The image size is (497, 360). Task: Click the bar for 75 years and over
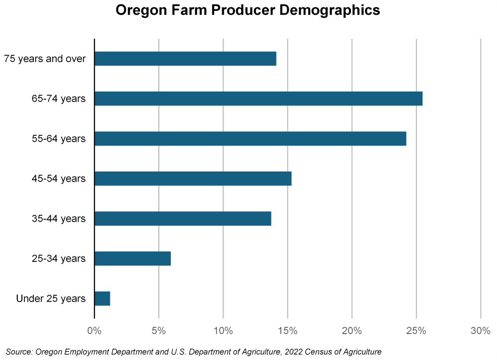point(185,59)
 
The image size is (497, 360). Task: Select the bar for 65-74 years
point(258,98)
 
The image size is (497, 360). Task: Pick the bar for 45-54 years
point(193,179)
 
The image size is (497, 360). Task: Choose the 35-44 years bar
point(182,219)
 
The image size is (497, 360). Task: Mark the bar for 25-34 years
point(132,259)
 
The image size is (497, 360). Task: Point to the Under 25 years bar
point(102,299)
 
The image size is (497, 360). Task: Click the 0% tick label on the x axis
point(94,331)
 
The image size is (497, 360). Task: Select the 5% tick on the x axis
point(159,331)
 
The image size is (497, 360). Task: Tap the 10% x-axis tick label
point(223,331)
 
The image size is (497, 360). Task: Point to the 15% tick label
point(287,331)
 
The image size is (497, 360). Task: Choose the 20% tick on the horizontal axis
point(352,331)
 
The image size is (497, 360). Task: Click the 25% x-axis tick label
point(416,331)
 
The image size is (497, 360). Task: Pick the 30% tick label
point(481,331)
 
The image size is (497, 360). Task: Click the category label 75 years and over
point(45,59)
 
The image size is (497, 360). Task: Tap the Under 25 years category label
point(51,299)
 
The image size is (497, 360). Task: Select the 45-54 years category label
point(59,179)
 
